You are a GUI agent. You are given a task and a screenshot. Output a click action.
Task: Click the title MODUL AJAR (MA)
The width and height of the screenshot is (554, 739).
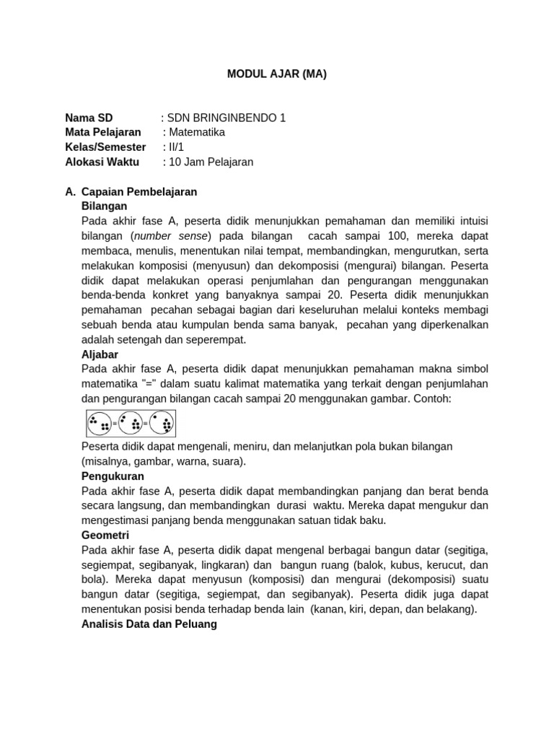point(277,74)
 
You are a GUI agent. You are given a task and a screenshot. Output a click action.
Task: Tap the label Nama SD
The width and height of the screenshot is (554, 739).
point(89,118)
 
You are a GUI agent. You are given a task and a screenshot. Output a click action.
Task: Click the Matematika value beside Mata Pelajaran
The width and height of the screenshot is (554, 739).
point(196,133)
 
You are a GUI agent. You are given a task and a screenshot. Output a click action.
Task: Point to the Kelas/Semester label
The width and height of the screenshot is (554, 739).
point(105,147)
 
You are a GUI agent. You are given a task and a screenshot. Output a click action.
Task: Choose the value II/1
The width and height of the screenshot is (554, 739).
point(176,147)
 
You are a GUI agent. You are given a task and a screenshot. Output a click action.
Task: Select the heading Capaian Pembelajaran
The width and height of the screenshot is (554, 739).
point(139,192)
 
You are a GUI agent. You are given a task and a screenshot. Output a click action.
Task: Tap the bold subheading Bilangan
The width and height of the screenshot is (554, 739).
point(105,206)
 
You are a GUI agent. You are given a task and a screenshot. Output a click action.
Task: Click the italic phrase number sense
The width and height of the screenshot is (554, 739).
point(172,236)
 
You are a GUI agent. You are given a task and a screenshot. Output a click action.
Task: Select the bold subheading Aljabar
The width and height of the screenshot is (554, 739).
point(100,354)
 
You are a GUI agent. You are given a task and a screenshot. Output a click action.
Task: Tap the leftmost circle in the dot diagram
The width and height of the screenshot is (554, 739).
point(100,424)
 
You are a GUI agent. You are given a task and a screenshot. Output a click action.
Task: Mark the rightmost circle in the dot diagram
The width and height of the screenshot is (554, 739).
point(162,424)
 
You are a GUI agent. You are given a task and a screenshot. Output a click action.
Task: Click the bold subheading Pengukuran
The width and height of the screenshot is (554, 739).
point(113,476)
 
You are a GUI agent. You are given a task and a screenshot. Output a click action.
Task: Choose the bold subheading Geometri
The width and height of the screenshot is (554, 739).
point(105,535)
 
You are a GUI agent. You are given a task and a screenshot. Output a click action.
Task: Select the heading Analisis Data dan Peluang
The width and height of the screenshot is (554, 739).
point(149,624)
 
